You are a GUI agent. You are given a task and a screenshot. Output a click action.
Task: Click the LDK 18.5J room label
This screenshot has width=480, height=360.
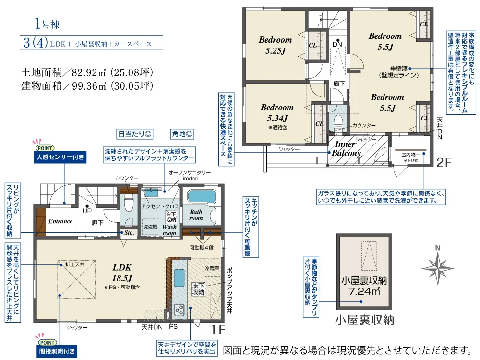click(x=122, y=273)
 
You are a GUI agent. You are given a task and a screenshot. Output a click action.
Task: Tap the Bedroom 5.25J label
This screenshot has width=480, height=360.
click(x=275, y=45)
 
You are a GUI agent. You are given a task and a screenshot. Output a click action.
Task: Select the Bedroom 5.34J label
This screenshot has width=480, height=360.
click(x=277, y=113)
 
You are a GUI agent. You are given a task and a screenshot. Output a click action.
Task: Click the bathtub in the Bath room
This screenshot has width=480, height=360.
click(x=202, y=196)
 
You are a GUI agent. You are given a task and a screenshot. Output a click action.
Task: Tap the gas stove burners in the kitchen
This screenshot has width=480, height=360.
click(x=179, y=310)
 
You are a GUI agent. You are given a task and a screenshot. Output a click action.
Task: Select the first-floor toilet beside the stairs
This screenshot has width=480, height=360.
click(x=129, y=204)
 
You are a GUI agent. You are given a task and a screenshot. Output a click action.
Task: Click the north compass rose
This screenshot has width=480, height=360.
click(x=438, y=268)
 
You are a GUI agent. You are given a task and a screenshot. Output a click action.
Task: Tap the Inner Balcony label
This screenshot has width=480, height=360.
click(x=346, y=148)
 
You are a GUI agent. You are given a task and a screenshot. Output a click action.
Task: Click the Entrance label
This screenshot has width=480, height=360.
click(x=60, y=221)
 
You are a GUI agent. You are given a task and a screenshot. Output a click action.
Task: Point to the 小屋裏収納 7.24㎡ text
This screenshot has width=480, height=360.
click(x=364, y=286)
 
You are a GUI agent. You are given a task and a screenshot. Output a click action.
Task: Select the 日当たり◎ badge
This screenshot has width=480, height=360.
click(x=135, y=134)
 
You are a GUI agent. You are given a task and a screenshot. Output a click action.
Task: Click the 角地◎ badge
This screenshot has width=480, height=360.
click(x=182, y=134)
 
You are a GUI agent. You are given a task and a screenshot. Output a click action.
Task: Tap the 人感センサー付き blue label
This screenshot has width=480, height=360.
click(x=60, y=157)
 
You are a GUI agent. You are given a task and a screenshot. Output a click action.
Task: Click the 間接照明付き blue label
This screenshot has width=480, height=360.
click(x=57, y=351)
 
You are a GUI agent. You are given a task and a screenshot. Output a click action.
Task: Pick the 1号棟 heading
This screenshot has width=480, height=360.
click(x=47, y=24)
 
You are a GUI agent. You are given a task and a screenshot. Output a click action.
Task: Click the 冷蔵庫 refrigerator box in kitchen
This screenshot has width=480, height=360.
click(x=212, y=269)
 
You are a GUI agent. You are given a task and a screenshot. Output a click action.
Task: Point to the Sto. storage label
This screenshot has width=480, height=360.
click(x=129, y=233)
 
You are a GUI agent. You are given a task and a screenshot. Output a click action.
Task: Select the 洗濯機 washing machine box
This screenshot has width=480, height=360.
click(x=150, y=227)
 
